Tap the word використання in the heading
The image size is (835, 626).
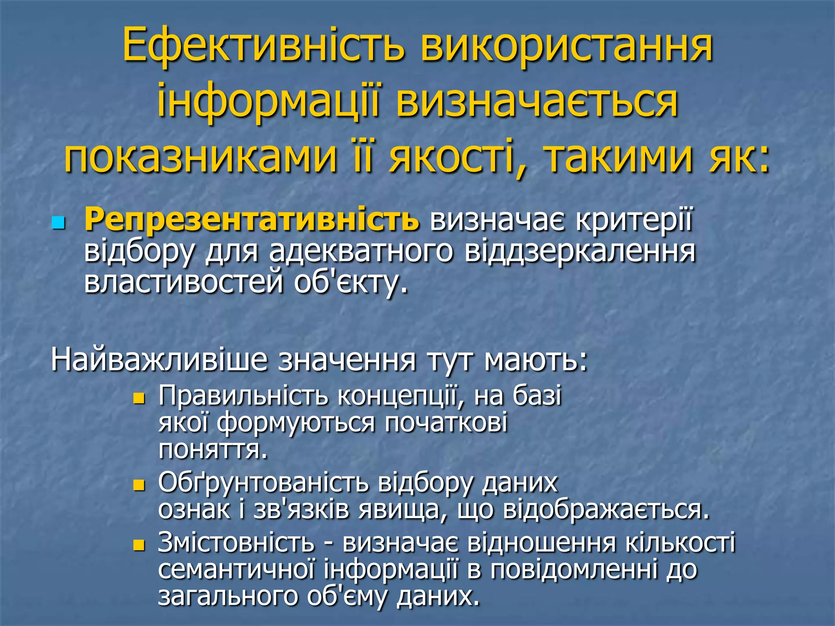point(567,45)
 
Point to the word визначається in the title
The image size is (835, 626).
point(537,101)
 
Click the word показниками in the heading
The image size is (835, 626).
point(201,156)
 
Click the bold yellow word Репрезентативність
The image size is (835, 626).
point(252,220)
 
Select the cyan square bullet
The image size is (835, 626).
point(59,223)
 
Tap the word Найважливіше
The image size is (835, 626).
point(159,360)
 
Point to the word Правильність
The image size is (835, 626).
point(243,395)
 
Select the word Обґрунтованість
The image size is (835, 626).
point(263,483)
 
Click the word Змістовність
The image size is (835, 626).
point(236,542)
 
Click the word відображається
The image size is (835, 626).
point(606,510)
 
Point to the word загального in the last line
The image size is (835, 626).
point(227,597)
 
